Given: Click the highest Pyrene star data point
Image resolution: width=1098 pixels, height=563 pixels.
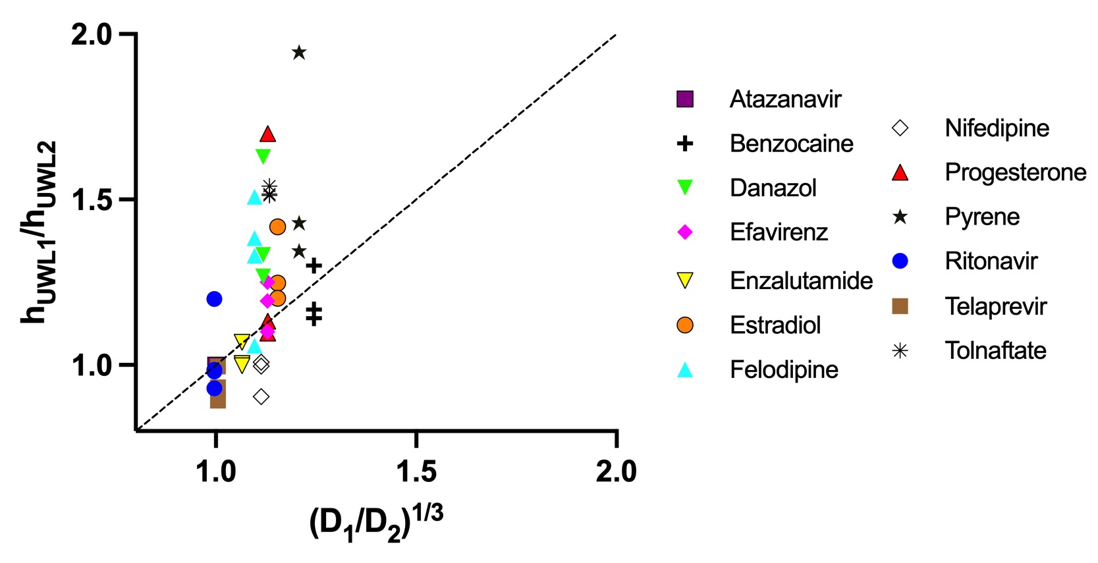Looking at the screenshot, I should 299,53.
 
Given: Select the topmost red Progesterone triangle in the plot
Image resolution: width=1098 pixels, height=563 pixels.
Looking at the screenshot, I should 267,134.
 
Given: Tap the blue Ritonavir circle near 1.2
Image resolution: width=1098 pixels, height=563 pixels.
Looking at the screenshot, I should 214,299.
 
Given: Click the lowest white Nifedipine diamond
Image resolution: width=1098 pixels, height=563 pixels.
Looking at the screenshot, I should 261,396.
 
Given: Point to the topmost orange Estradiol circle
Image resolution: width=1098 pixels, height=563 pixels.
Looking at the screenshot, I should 277,227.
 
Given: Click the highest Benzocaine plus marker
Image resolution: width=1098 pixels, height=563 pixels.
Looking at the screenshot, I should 314,266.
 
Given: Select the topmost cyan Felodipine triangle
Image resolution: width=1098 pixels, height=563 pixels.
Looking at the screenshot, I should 254,198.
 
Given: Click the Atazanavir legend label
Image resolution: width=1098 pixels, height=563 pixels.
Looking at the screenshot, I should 785,99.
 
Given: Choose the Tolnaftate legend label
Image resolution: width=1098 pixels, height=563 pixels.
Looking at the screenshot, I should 995,350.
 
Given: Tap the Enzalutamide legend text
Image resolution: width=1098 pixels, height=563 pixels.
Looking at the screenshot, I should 801,281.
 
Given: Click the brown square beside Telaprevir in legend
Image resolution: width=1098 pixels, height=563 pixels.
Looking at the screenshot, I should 900,306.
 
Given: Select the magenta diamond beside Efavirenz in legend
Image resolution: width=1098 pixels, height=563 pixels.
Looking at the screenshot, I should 685,232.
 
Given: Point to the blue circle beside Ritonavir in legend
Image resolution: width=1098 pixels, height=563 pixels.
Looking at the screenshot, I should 900,261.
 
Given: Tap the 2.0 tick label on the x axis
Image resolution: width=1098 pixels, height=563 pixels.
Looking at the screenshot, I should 616,471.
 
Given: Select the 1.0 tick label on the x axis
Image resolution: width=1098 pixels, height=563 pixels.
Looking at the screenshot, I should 215,471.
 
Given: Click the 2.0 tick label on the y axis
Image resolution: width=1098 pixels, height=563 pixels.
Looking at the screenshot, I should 92,34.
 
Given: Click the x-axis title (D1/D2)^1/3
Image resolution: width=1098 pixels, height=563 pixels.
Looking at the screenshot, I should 375,523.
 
